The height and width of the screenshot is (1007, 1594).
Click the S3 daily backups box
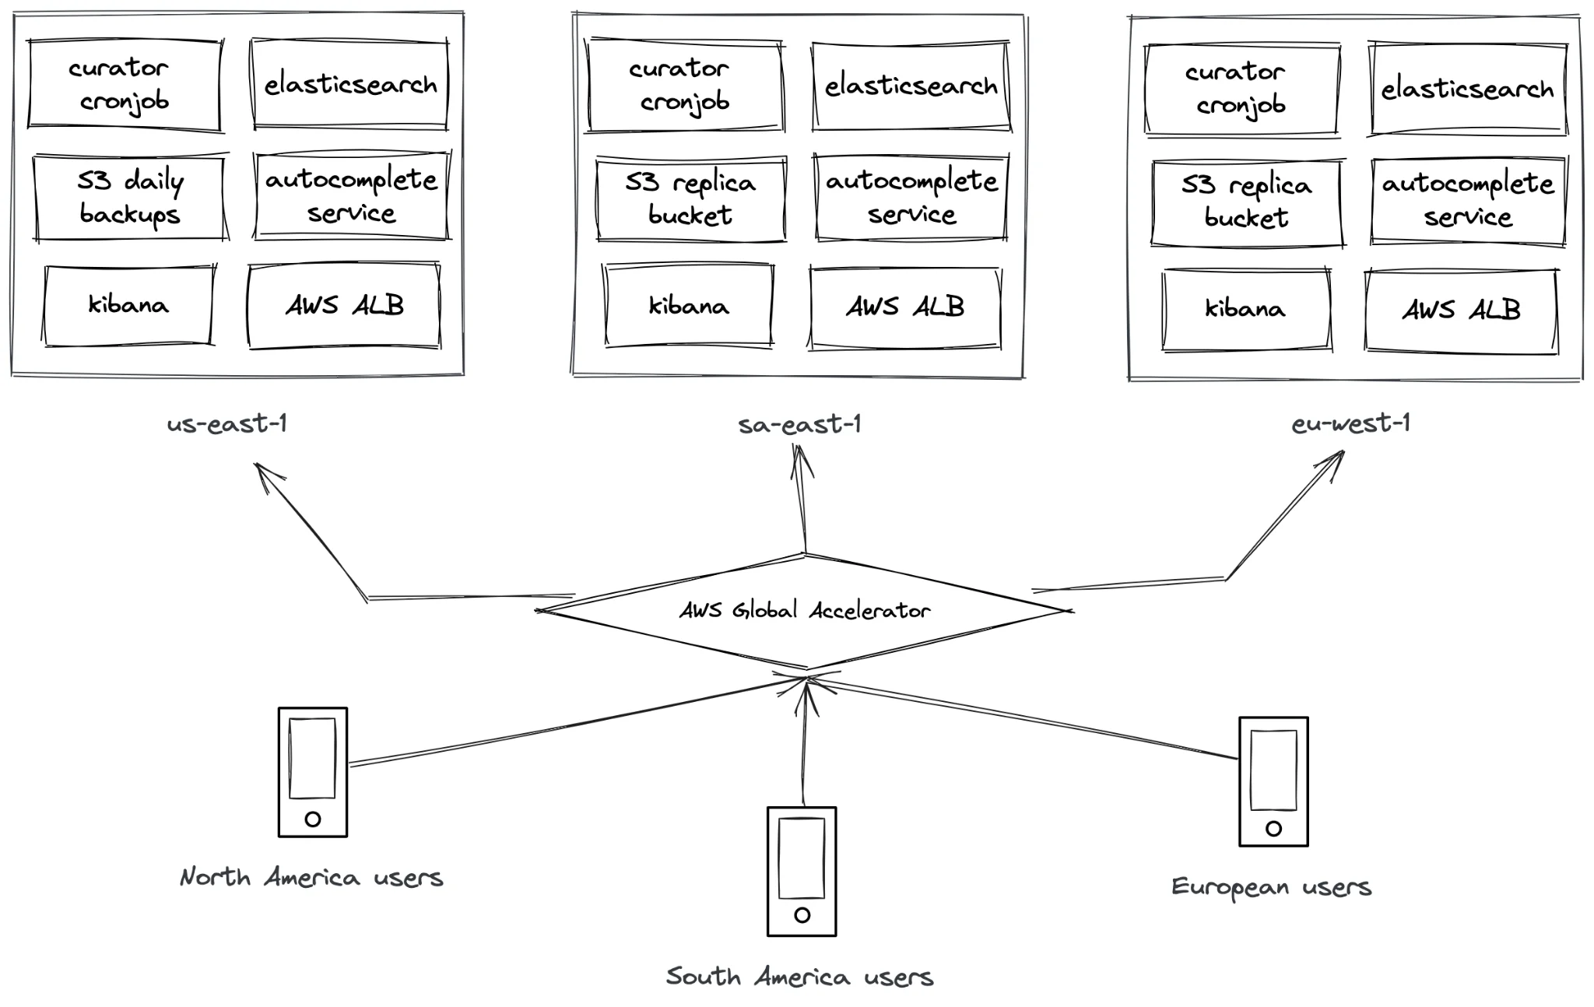tap(129, 198)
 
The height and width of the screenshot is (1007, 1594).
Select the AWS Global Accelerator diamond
tap(805, 611)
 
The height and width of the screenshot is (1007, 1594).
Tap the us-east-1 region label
tap(227, 424)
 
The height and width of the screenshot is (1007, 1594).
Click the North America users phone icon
tap(313, 772)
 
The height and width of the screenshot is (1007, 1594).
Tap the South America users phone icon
tap(802, 871)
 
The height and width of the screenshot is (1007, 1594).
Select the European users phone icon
tap(1273, 781)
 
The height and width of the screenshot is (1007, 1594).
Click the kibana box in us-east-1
tap(128, 305)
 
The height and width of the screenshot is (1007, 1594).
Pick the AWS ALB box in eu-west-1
tap(1461, 311)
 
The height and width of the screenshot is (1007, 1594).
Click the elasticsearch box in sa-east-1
tap(911, 86)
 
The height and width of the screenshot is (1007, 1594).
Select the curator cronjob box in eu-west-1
tap(1241, 89)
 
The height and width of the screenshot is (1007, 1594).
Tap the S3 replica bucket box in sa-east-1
tap(691, 199)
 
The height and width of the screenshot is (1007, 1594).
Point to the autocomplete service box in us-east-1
tap(351, 196)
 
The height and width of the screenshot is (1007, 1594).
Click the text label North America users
tap(311, 878)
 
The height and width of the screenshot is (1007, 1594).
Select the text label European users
tap(1271, 887)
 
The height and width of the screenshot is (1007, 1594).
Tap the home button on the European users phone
tap(1273, 829)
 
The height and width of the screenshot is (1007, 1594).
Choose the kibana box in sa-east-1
tap(689, 306)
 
